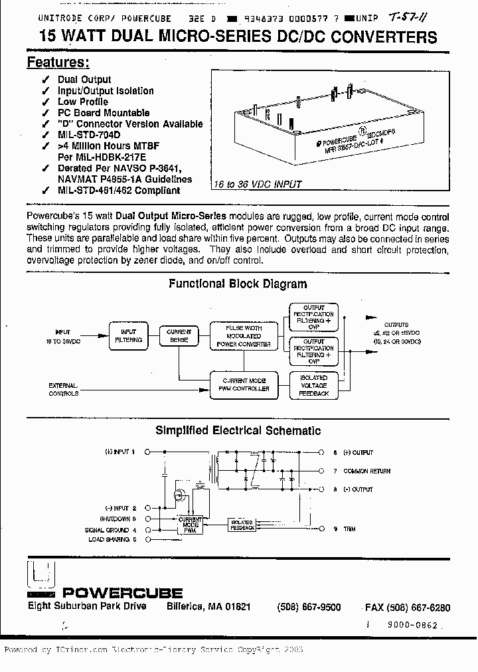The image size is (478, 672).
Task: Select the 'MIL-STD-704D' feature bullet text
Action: tap(89, 135)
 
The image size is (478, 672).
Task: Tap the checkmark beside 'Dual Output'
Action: tap(44, 80)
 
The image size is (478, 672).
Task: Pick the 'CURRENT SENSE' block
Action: tap(179, 335)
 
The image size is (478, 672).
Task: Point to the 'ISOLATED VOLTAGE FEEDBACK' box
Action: tap(314, 385)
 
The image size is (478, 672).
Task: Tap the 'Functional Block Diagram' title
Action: tap(238, 284)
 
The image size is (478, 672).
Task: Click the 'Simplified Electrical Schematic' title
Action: tap(238, 430)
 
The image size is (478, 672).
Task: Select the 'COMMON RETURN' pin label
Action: tap(366, 471)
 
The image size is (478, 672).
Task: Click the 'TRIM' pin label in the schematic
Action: tap(349, 528)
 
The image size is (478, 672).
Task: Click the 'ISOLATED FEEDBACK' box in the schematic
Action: tap(243, 525)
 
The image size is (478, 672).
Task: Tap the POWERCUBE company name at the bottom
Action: tap(122, 592)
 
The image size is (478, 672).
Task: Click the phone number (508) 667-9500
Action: tap(309, 608)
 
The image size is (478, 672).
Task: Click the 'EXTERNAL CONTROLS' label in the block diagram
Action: tap(64, 389)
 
